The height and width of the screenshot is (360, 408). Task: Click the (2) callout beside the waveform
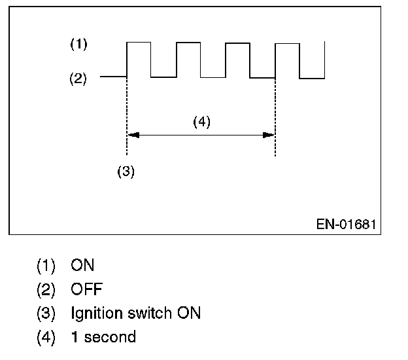coord(78,79)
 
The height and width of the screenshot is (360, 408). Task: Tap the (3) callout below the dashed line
coord(126,171)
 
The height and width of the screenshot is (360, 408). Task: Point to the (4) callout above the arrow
coord(201,122)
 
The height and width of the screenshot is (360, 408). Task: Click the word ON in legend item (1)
coord(83,265)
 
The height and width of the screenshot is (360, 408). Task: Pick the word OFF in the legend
coord(87,289)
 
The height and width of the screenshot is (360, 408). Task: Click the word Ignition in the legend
coord(96,314)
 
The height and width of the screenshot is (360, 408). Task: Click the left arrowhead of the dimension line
coord(132,135)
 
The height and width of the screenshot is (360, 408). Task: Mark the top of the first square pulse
coord(139,43)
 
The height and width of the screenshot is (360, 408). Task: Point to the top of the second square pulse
coord(188,43)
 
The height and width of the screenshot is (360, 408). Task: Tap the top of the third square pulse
coord(238,43)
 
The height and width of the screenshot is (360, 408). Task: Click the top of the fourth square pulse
coord(288,43)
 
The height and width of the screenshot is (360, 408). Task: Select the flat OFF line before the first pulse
coord(112,77)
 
